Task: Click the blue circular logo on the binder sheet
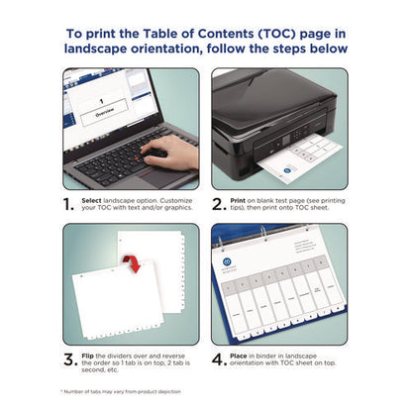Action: pos(230,264)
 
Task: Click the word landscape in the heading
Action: pos(101,48)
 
